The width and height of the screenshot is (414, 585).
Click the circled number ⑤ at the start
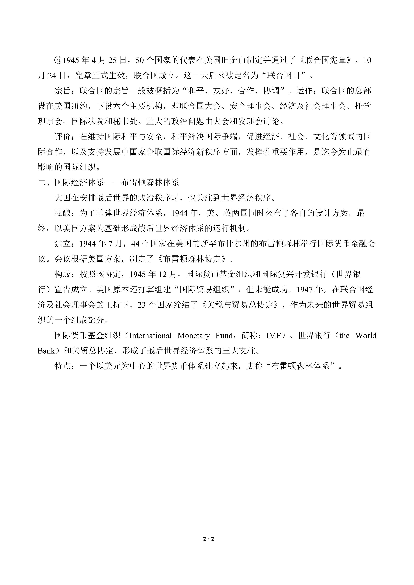[59, 60]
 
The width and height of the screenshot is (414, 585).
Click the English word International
[150, 336]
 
